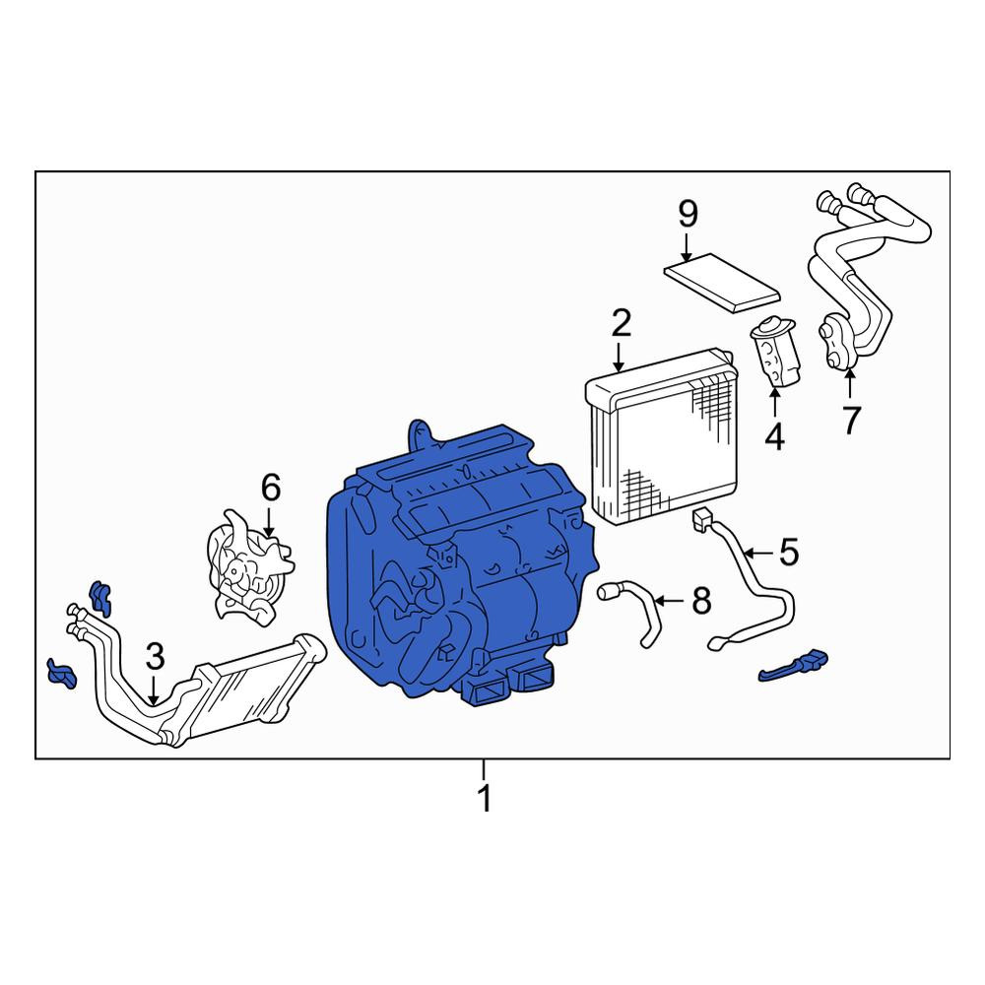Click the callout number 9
(688, 214)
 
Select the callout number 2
(621, 323)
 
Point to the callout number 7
(851, 420)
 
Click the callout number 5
(789, 553)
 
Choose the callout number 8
(701, 600)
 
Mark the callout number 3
(155, 656)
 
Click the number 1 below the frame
(485, 798)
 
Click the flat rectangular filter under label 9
(722, 282)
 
